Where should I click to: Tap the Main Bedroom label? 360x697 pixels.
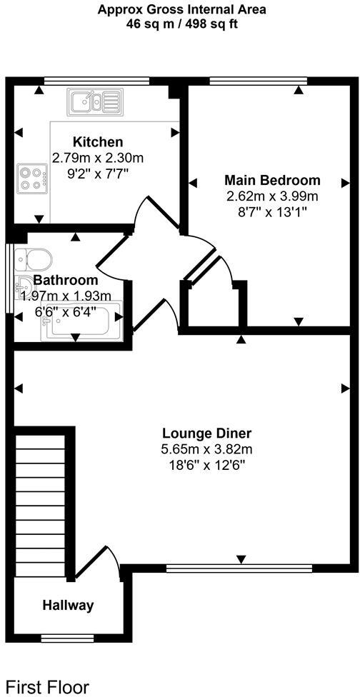pyautogui.click(x=272, y=180)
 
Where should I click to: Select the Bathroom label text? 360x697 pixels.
pyautogui.click(x=65, y=280)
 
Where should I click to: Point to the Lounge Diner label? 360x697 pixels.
pyautogui.click(x=206, y=433)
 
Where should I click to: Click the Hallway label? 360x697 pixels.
pyautogui.click(x=68, y=606)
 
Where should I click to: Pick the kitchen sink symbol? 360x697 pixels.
pyautogui.click(x=95, y=101)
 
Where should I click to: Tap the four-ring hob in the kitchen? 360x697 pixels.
pyautogui.click(x=32, y=177)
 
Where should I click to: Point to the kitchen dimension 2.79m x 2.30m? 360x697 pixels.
pyautogui.click(x=97, y=157)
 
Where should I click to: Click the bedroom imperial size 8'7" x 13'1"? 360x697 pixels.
pyautogui.click(x=272, y=211)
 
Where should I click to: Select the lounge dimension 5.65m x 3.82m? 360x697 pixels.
pyautogui.click(x=206, y=449)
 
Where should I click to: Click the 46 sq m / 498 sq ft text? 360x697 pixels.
pyautogui.click(x=181, y=24)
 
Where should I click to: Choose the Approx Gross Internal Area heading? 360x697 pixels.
pyautogui.click(x=181, y=9)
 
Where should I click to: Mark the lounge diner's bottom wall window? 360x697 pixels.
pyautogui.click(x=239, y=569)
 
